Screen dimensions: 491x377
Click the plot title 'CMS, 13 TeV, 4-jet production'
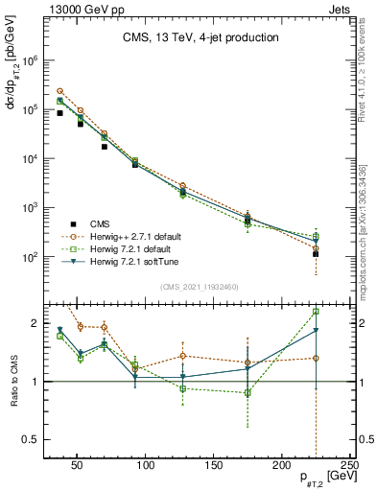click(200, 38)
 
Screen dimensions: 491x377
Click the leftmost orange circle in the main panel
click(59, 91)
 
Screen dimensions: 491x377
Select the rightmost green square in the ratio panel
click(316, 312)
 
